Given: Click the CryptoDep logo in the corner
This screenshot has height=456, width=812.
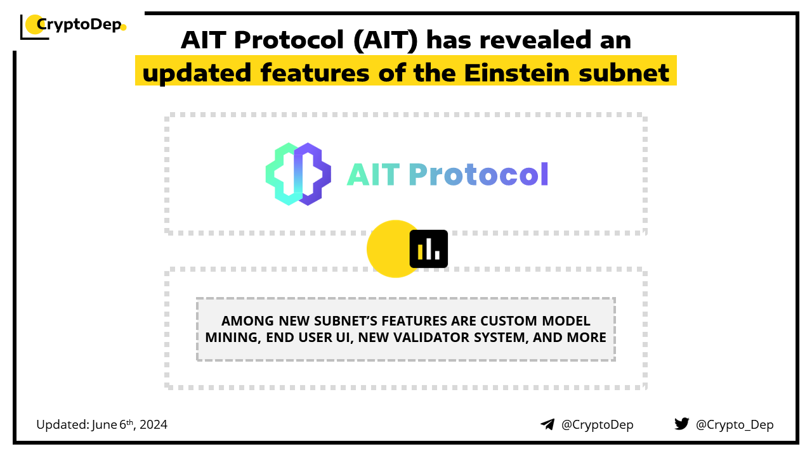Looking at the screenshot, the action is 73,26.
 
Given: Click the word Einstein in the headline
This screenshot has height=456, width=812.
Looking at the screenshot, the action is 517,73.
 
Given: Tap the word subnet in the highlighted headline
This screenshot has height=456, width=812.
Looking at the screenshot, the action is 624,73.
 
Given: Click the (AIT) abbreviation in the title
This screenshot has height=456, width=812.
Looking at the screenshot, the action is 386,40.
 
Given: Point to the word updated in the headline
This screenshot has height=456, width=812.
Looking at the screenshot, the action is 197,73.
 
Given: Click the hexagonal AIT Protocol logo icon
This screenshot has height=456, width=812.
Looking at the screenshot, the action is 298,174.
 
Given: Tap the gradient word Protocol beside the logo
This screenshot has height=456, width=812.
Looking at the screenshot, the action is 478,174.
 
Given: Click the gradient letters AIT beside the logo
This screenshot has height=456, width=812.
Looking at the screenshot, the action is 374,174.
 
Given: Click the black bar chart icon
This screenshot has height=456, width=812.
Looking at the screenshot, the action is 428,249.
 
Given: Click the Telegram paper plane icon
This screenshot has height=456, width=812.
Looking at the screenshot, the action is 547,424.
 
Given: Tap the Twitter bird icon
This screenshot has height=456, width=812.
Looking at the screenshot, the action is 681,424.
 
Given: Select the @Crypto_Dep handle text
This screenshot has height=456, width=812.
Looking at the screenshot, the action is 735,425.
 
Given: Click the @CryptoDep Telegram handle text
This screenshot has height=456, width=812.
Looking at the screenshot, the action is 597,425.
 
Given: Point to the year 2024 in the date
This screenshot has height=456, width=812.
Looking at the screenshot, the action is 154,425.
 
